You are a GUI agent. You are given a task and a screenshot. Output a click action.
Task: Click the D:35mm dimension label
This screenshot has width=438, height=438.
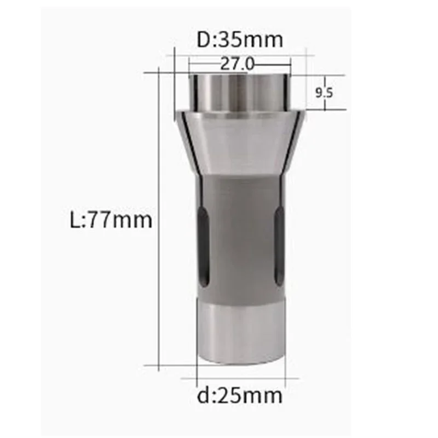click(240, 39)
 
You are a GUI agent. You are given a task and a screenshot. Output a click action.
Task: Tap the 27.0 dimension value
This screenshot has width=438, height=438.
click(238, 64)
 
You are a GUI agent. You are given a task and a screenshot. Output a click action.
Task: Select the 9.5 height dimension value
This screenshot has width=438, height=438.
click(324, 92)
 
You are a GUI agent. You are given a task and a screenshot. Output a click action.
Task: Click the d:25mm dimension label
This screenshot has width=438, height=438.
click(240, 395)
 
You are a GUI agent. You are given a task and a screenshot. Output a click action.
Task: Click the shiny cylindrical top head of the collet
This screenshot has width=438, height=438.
click(240, 92)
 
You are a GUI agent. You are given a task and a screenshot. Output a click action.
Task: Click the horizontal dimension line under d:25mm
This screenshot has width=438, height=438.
click(241, 378)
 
